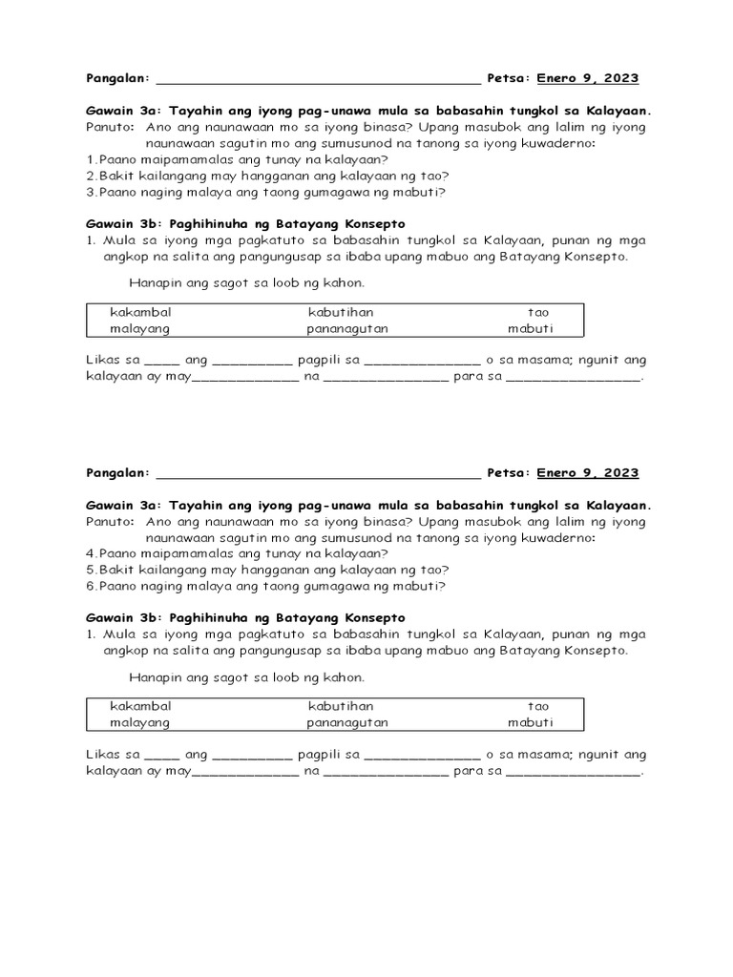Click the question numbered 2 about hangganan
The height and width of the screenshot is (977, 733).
(267, 176)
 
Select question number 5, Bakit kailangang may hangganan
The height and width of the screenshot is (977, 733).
(267, 570)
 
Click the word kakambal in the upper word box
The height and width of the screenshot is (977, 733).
(140, 312)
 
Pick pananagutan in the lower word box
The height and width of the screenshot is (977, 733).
(347, 723)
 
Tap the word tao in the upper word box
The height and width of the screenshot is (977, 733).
(538, 312)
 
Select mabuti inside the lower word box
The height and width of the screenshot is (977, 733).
(530, 723)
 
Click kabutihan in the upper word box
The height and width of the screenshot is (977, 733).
(341, 312)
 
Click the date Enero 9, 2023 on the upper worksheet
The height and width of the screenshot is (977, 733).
(588, 78)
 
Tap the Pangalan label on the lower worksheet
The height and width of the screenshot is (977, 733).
(117, 473)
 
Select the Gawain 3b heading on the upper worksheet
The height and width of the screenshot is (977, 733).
(245, 223)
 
